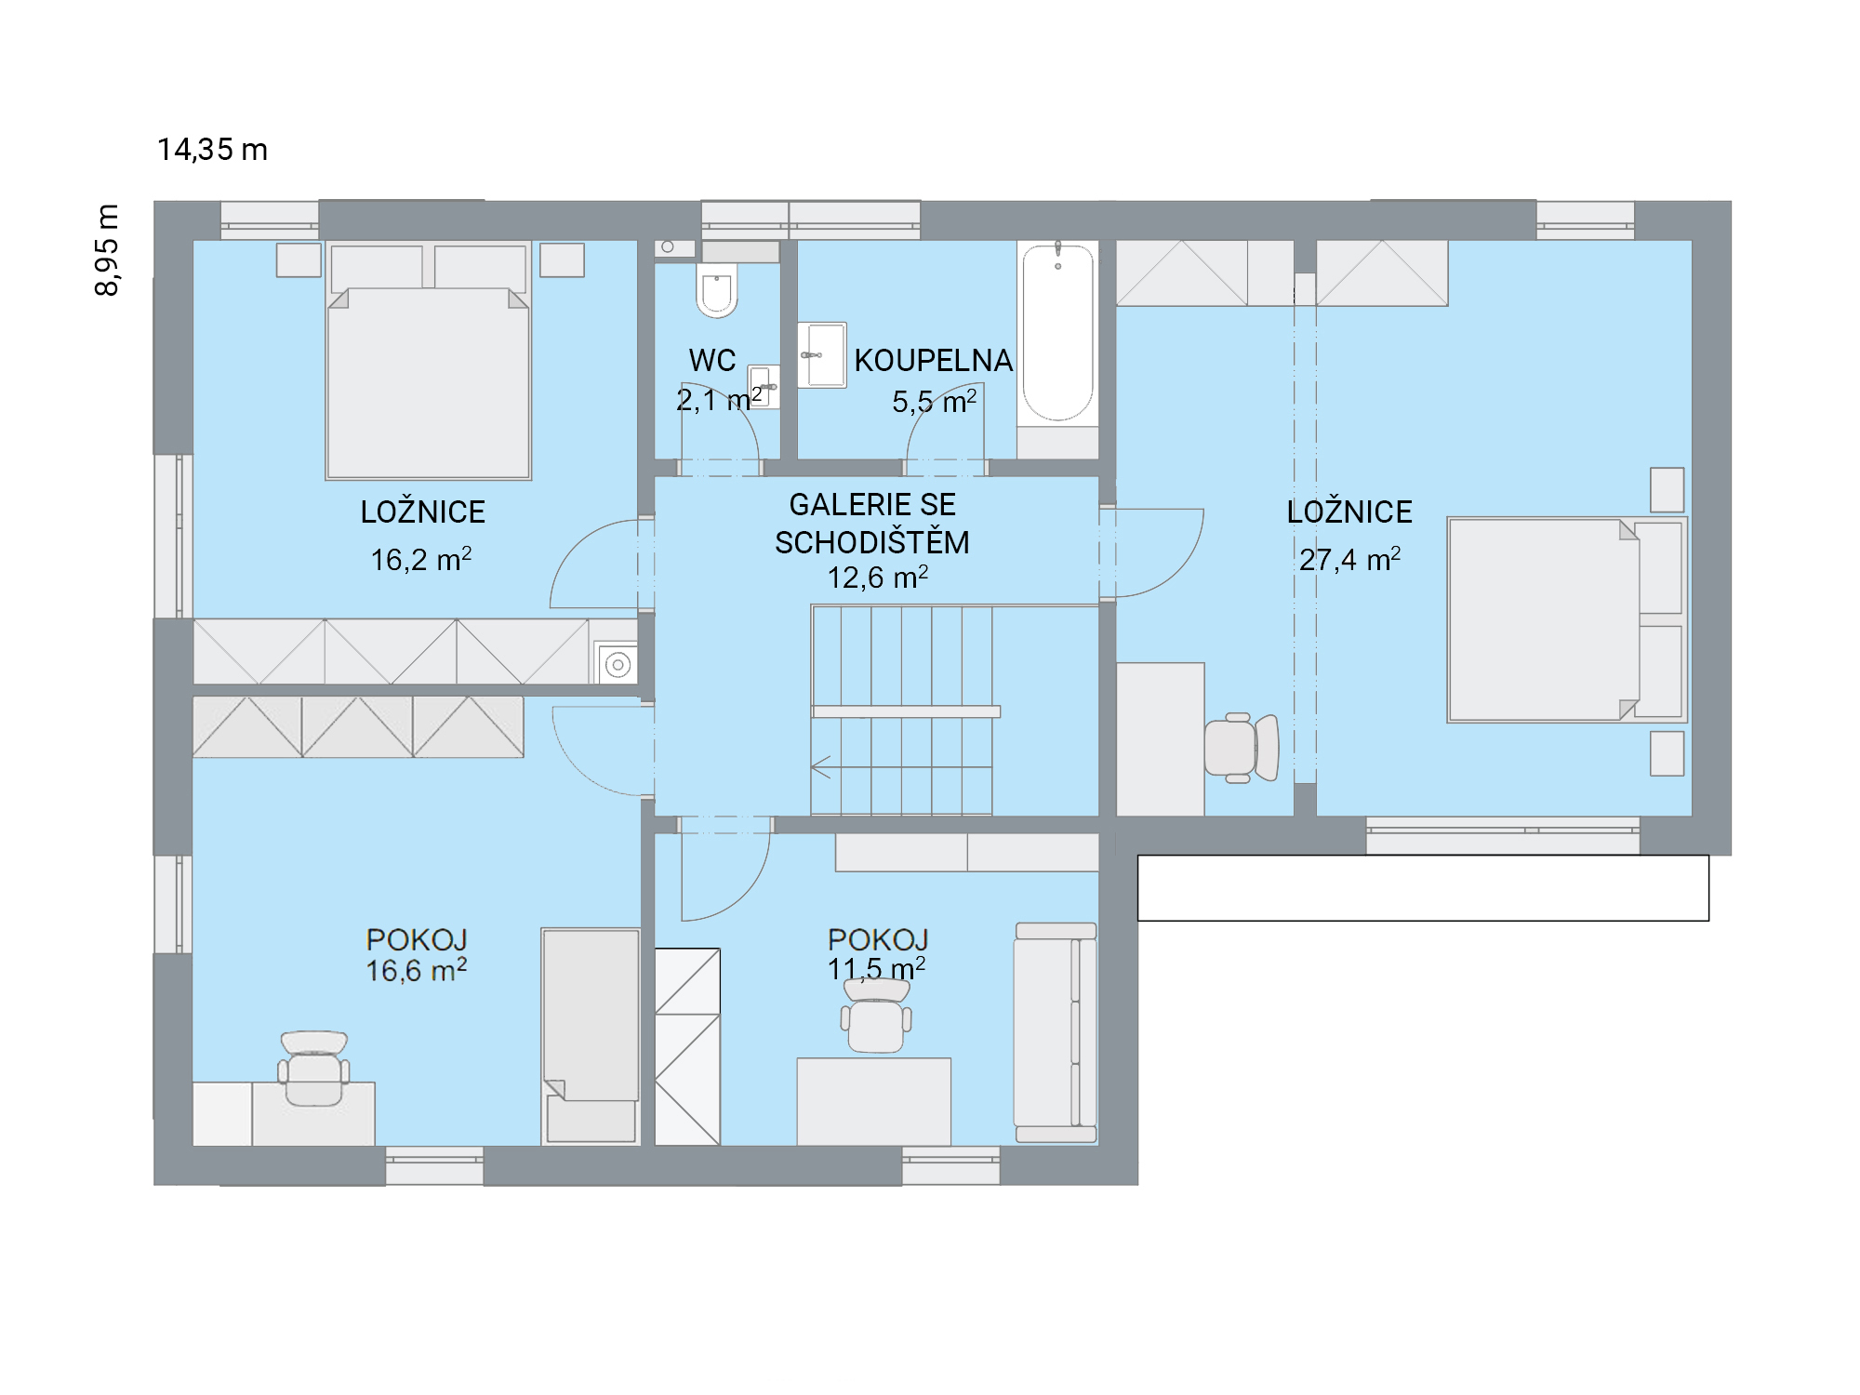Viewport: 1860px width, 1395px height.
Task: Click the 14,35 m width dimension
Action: coord(212,150)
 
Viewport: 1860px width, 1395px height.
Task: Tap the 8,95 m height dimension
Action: coord(108,250)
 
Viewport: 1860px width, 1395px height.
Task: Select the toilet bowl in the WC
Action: coord(717,289)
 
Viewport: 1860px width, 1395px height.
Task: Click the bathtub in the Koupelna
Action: coord(1058,332)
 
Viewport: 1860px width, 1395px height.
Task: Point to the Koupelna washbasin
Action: coord(822,355)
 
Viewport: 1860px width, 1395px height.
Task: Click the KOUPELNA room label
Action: coord(934,361)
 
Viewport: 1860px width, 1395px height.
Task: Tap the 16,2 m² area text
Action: coord(421,559)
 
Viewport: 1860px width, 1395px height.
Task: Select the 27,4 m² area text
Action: coord(1349,559)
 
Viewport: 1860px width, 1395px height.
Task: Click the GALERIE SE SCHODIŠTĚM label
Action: coord(872,524)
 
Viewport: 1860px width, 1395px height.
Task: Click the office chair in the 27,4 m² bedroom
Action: coord(1242,748)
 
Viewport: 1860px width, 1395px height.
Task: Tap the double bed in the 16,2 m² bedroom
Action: coord(428,361)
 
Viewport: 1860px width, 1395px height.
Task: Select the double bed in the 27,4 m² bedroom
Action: coord(1567,619)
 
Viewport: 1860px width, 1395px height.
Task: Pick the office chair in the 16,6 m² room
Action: coord(314,1069)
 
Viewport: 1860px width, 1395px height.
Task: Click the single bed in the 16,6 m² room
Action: coord(591,1035)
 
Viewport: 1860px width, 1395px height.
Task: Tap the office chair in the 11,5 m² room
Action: coord(876,1016)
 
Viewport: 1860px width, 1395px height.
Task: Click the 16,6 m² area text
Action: coord(417,970)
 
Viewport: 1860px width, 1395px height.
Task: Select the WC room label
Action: coord(712,361)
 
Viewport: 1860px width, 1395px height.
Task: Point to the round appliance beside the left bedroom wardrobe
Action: coord(618,664)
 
